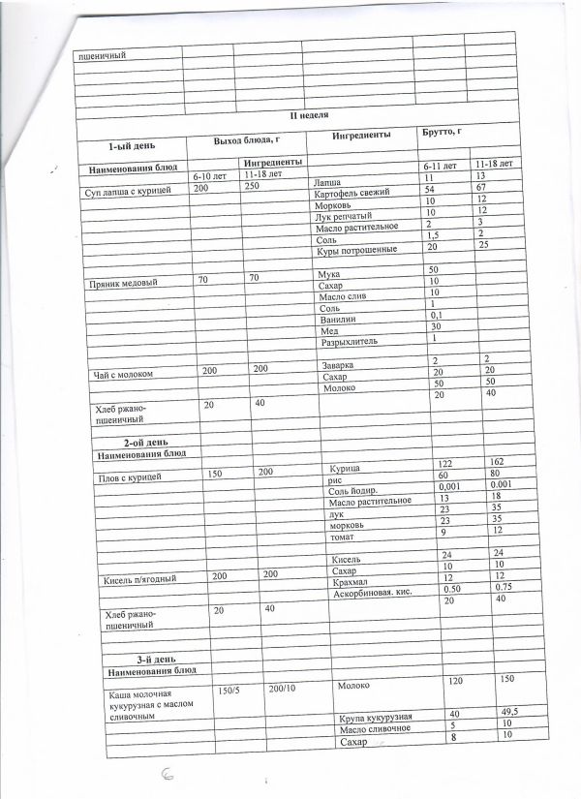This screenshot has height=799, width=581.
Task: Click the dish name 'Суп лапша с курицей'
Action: (129, 193)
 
